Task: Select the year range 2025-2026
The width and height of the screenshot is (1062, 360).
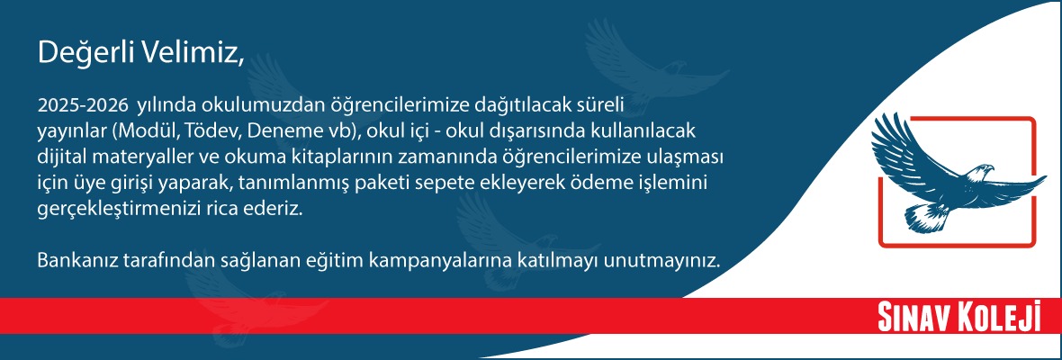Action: (x=83, y=105)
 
